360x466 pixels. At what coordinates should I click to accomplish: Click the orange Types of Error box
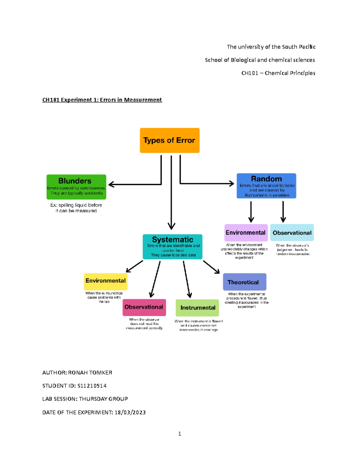coord(169,140)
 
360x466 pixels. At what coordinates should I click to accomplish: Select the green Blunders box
coord(76,187)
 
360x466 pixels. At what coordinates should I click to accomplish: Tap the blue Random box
coord(266,186)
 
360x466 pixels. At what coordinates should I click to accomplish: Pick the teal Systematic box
coord(172,247)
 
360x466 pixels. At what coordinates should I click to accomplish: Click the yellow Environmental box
coord(105,281)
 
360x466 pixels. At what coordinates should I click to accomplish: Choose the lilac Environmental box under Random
coord(246,233)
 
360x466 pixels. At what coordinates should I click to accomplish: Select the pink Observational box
coord(144,307)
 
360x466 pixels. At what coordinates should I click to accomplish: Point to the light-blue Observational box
coord(292,233)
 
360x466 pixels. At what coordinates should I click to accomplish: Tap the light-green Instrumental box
coord(197,308)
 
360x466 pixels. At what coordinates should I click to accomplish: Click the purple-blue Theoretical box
coord(244,282)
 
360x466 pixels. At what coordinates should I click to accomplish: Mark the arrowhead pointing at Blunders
coord(111,184)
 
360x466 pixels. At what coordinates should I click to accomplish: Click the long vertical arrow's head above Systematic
coord(171,226)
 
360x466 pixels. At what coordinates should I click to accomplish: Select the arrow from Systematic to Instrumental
coord(187,279)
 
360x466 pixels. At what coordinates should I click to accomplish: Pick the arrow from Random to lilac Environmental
coord(251,212)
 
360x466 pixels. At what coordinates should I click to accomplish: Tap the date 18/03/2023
coord(130,412)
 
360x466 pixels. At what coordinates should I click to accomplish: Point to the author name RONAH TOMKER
coord(90,373)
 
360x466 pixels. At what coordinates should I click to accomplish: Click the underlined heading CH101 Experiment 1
coord(102,100)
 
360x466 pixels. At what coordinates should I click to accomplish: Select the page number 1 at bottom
coord(179,434)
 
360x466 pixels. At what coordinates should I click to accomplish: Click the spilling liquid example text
coord(76,208)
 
